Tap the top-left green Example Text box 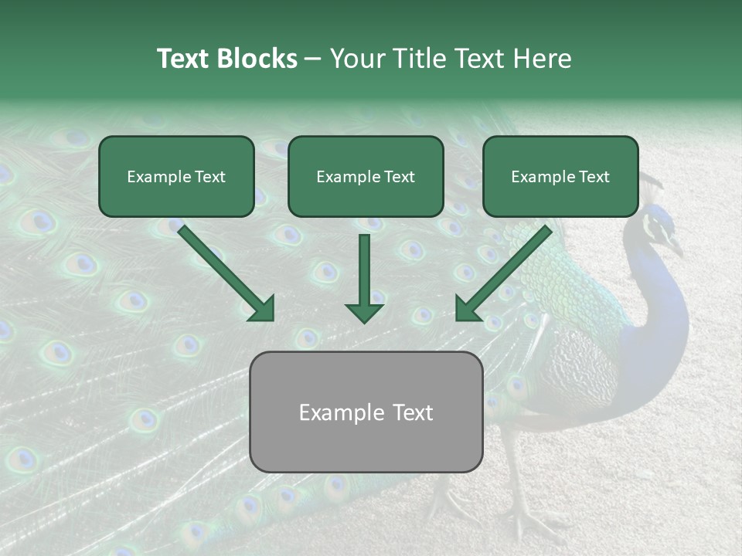tap(176, 176)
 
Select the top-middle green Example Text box tap(366, 176)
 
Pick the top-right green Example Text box tap(560, 176)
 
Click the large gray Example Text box tap(366, 412)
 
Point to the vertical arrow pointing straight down tap(364, 278)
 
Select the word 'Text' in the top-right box tap(594, 176)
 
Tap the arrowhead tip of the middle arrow tap(364, 320)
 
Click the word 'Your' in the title tap(354, 59)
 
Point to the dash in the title tap(313, 59)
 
